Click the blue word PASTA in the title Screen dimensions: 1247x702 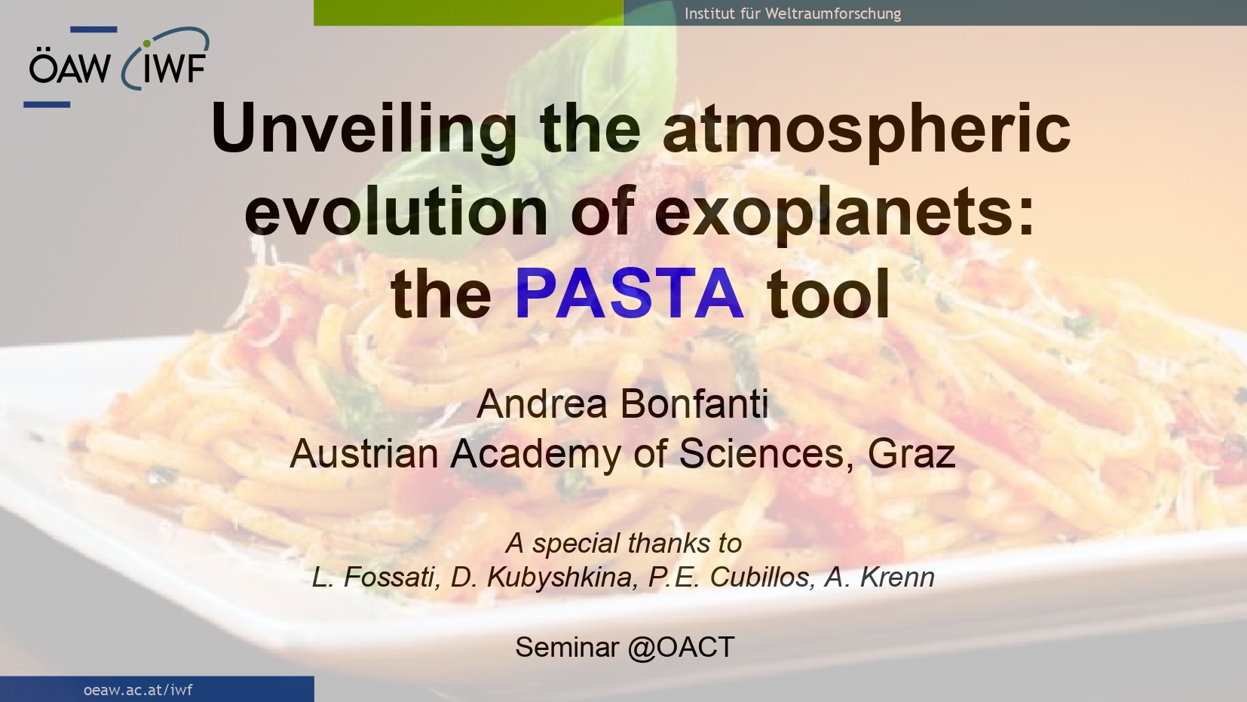(x=630, y=293)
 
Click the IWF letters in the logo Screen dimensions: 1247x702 (x=174, y=69)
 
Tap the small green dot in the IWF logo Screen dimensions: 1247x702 (x=147, y=44)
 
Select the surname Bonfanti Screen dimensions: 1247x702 (x=694, y=403)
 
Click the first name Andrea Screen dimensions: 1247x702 (x=541, y=403)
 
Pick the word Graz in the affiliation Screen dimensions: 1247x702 (x=912, y=454)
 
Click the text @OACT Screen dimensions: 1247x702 (x=682, y=648)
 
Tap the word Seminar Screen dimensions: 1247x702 (x=567, y=648)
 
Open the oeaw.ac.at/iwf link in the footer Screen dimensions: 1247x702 (x=138, y=690)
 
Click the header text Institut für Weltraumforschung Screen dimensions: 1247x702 (x=792, y=14)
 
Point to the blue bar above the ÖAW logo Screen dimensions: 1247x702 (x=93, y=29)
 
